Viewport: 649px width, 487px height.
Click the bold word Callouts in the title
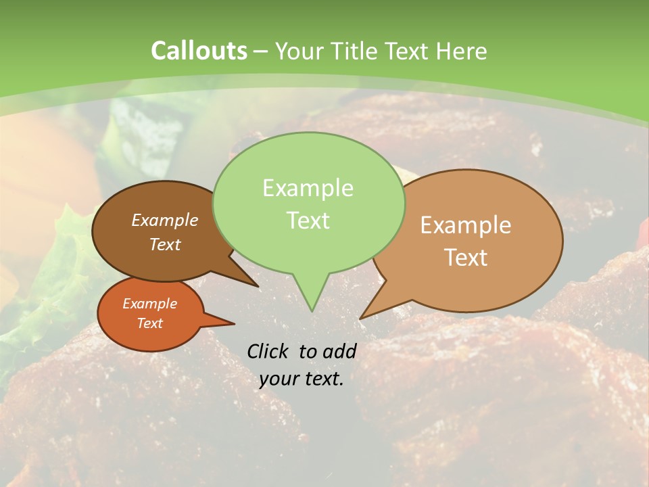[199, 51]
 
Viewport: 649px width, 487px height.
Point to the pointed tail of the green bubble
[312, 307]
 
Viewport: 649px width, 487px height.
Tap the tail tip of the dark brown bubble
[257, 285]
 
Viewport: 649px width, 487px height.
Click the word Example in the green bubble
[308, 188]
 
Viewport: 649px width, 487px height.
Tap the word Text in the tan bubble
[466, 258]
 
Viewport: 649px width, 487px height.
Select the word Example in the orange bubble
[149, 304]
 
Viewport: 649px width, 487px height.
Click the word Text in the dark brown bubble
[165, 244]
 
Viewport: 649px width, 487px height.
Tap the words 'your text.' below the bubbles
[302, 379]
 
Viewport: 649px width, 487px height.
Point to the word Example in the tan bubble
[466, 225]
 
